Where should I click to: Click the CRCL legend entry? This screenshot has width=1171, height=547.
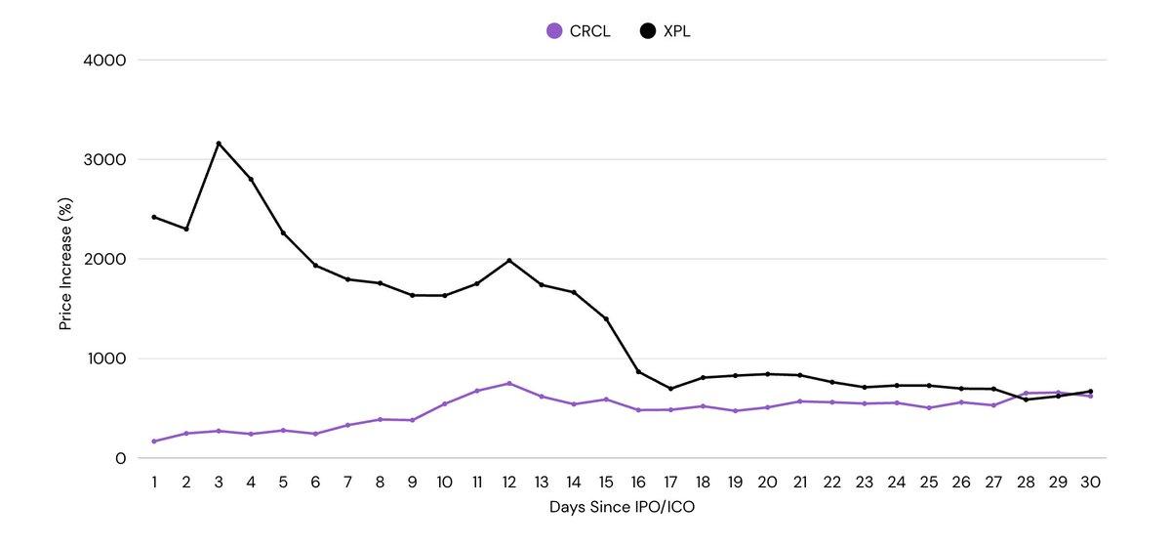[579, 31]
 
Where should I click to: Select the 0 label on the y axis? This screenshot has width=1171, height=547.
[120, 458]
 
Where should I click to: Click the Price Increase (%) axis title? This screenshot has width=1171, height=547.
[65, 260]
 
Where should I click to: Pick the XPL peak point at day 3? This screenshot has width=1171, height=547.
[219, 144]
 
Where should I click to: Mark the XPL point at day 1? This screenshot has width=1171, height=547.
[154, 217]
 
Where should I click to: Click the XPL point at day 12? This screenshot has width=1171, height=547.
[509, 261]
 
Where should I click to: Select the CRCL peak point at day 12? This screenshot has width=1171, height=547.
[509, 383]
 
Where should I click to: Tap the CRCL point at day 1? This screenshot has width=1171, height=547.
[154, 442]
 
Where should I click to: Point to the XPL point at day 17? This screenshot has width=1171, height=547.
[670, 389]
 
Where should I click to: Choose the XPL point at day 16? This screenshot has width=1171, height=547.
[638, 372]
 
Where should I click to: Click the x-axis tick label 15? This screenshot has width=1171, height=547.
[606, 483]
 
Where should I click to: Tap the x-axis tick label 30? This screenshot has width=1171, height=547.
[1090, 483]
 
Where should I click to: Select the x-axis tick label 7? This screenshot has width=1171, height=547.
[347, 483]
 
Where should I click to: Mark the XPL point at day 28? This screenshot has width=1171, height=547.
[1026, 400]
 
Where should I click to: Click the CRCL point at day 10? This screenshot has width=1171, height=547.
[445, 403]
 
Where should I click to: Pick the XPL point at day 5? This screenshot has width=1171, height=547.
[283, 232]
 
